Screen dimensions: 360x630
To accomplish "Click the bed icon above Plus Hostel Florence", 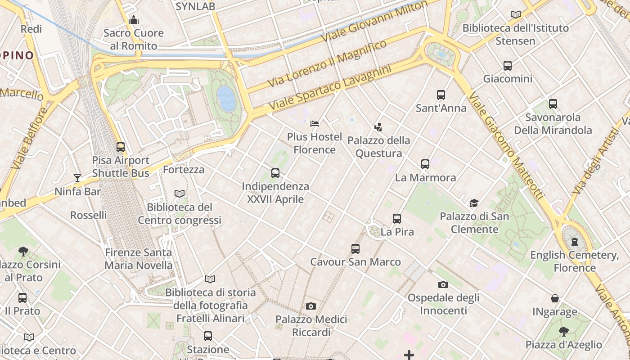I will click(315, 123).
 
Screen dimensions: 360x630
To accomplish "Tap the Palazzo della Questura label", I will click(379, 147).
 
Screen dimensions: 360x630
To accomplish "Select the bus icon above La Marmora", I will click(425, 164).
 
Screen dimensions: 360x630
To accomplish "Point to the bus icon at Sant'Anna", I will click(441, 95).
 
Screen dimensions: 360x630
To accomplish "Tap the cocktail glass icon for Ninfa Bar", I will click(77, 178).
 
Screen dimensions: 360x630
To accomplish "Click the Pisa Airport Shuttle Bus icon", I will click(120, 147).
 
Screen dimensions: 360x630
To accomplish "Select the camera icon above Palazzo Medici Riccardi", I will click(310, 306).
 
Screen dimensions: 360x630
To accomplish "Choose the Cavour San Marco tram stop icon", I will click(355, 249).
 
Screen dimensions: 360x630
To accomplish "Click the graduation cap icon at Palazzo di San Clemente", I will click(474, 203).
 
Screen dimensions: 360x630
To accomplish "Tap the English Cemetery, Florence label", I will click(575, 261).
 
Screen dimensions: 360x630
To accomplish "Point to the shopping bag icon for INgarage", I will click(555, 298).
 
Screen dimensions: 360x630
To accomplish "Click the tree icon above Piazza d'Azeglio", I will click(563, 332).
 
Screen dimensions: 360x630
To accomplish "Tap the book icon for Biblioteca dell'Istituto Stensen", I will click(516, 14).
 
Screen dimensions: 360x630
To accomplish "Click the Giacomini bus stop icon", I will click(508, 66).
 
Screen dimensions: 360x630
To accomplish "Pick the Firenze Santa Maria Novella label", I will click(139, 259).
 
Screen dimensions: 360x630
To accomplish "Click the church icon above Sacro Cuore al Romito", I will click(134, 20).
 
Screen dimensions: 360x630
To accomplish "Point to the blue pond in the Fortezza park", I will click(226, 99).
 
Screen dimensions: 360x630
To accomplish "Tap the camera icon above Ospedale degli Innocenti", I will click(443, 284).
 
